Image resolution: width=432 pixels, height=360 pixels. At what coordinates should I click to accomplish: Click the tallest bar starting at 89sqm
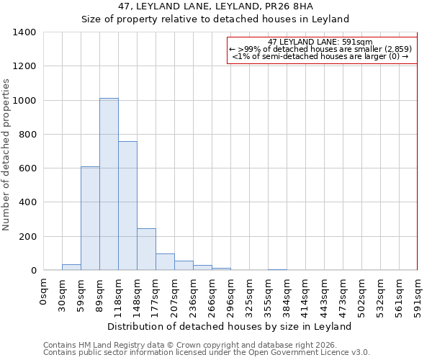click(x=109, y=184)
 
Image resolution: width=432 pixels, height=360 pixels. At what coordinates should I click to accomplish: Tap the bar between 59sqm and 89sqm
click(x=90, y=218)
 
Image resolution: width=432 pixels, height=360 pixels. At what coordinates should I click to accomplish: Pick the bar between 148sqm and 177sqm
click(x=146, y=249)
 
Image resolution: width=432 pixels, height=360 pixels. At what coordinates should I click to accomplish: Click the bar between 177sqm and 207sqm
click(x=165, y=262)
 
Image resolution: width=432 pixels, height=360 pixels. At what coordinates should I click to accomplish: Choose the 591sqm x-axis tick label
click(x=418, y=293)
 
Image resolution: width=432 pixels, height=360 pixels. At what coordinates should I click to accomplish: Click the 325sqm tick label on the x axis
click(x=249, y=293)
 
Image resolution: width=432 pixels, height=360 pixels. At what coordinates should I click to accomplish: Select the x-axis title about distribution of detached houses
click(x=230, y=326)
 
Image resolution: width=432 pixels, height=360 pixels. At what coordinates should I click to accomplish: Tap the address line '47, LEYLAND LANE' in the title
click(x=215, y=6)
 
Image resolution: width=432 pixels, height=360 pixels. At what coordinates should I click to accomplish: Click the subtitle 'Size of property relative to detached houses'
click(x=215, y=19)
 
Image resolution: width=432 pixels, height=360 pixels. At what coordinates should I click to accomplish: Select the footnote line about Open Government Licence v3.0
click(x=207, y=352)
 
